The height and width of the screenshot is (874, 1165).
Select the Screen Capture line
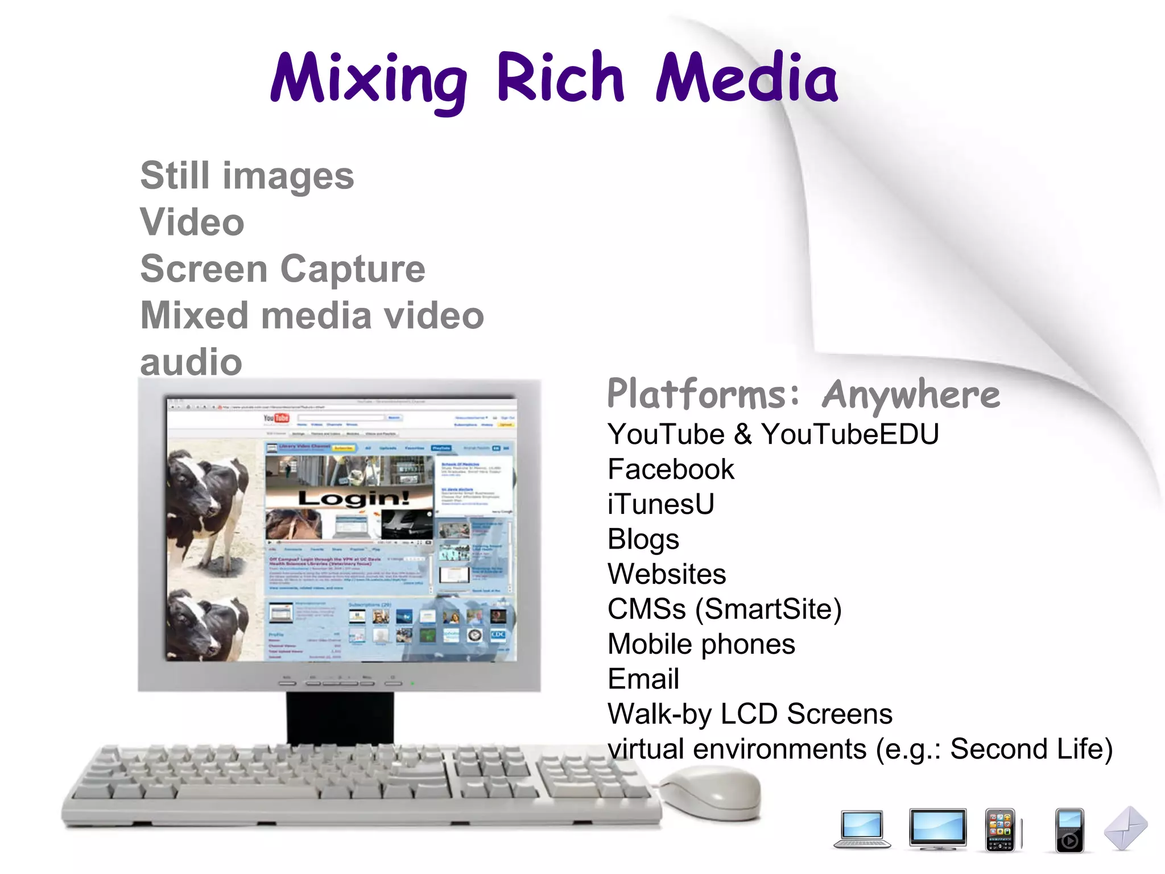[283, 269]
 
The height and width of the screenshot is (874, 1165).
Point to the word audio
[191, 362]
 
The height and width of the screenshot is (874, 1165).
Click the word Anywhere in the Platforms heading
[911, 394]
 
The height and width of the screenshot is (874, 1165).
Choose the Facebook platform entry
[671, 469]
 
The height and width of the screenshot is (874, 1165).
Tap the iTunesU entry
[660, 504]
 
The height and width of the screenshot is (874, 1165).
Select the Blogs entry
[643, 539]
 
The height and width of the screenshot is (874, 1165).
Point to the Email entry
[643, 679]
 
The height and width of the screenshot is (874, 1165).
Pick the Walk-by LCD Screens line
[750, 714]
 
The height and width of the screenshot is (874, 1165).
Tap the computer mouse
[713, 793]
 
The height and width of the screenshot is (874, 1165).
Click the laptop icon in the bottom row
[862, 829]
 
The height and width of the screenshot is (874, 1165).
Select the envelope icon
[1126, 828]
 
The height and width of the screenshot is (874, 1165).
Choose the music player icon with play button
[1069, 830]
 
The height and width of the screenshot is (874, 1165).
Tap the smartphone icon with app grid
[1000, 830]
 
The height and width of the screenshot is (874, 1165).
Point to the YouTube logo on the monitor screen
[276, 418]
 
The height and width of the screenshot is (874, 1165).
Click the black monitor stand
[340, 717]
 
